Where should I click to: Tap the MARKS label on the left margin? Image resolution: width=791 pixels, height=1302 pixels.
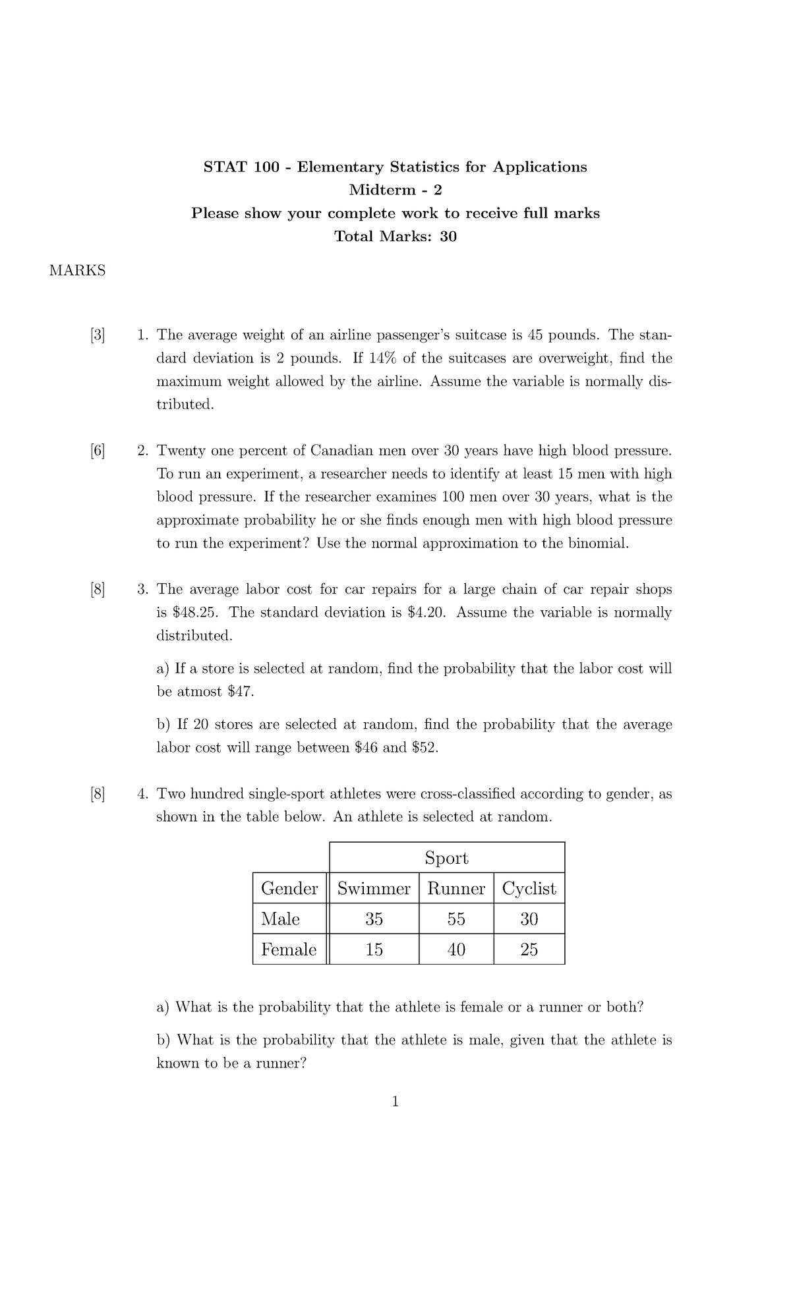point(77,271)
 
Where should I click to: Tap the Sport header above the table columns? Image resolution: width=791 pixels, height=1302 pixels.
point(446,858)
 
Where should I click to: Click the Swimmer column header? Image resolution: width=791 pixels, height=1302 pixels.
point(374,889)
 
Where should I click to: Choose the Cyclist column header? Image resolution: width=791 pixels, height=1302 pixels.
point(529,889)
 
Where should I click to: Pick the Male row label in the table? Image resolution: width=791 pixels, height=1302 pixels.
point(280,919)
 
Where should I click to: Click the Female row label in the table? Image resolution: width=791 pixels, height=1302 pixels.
point(289,949)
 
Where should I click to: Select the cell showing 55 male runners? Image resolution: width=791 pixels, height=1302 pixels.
point(456,919)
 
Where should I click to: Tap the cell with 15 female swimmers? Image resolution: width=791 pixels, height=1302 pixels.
point(374,949)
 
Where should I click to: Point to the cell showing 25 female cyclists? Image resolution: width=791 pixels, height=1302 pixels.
point(529,949)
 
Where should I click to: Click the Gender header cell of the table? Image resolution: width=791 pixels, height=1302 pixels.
point(289,889)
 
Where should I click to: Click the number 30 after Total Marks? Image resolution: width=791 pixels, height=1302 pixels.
point(448,237)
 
